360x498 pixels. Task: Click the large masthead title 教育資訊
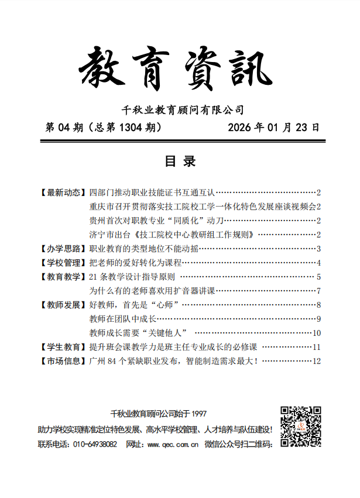pos(176,71)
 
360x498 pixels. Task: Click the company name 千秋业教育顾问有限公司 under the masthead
pos(181,110)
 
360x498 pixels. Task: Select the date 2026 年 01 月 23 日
pos(273,128)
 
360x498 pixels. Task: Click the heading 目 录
pos(180,162)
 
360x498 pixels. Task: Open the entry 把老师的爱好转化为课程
pos(136,262)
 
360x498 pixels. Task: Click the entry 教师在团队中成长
pos(122,319)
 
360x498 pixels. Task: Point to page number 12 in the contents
pos(317,361)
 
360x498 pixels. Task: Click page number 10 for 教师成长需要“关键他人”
pos(317,333)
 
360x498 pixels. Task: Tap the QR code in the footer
pos(300,427)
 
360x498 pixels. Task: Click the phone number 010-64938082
pos(95,445)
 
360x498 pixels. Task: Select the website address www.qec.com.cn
pos(172,445)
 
